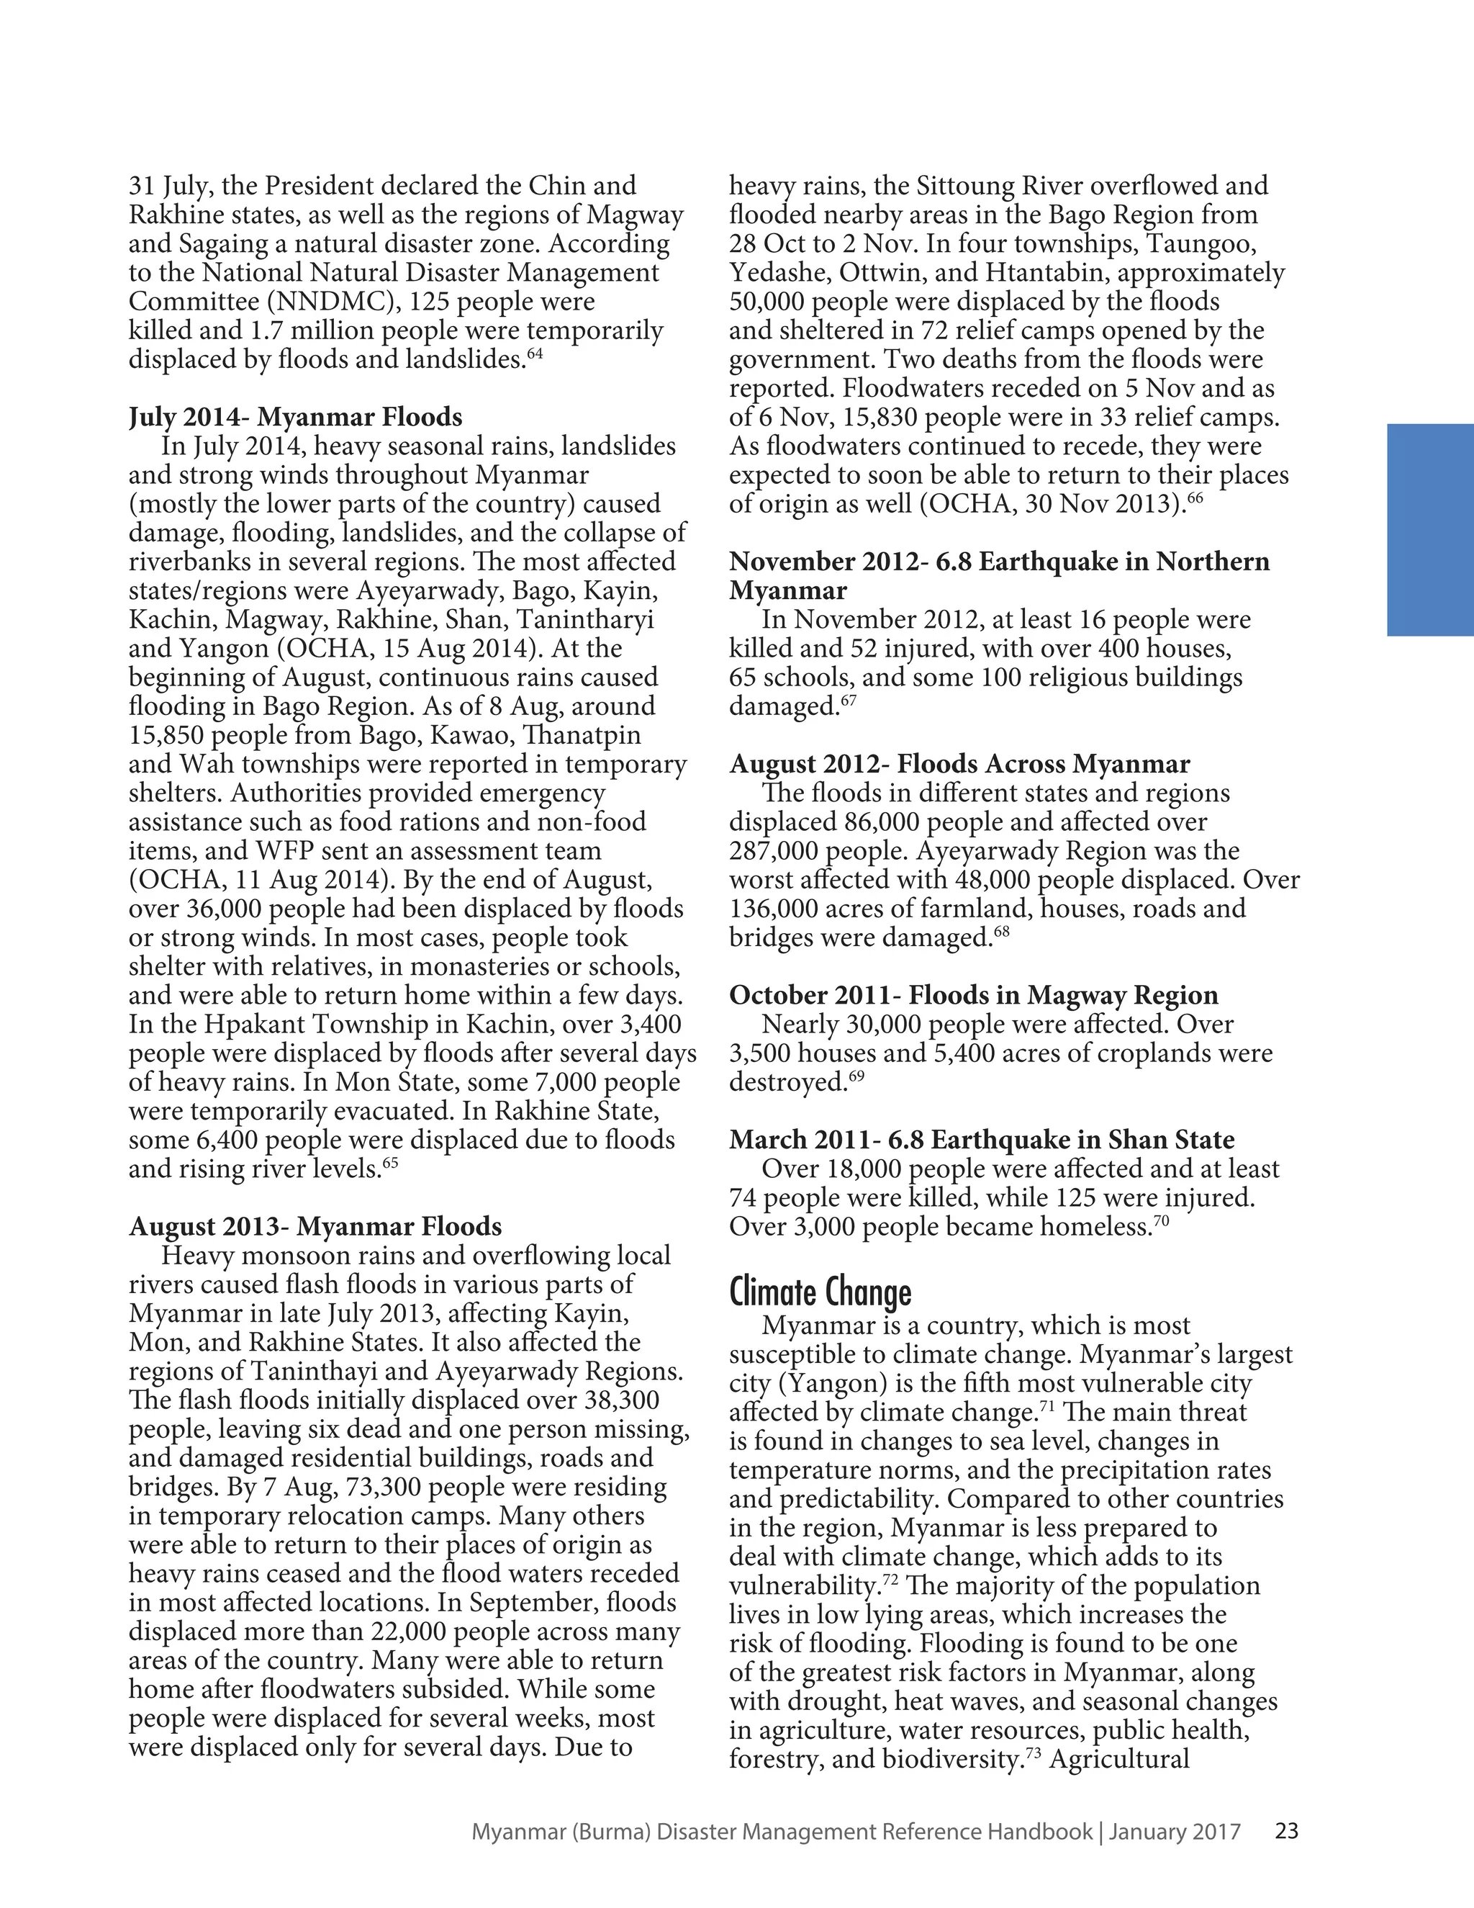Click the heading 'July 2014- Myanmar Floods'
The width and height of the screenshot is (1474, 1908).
tap(295, 417)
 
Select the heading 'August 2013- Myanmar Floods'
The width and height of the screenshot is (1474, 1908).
tap(315, 1227)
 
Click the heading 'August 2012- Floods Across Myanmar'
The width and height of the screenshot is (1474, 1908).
tap(959, 765)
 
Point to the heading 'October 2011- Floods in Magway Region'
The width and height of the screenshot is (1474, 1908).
tap(974, 995)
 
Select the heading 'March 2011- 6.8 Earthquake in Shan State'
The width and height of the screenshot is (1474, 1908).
tap(982, 1140)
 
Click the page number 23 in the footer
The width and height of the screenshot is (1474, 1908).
tap(1286, 1831)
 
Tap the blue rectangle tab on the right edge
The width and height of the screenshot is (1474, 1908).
tap(1429, 531)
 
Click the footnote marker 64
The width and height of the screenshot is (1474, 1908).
tap(535, 353)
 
